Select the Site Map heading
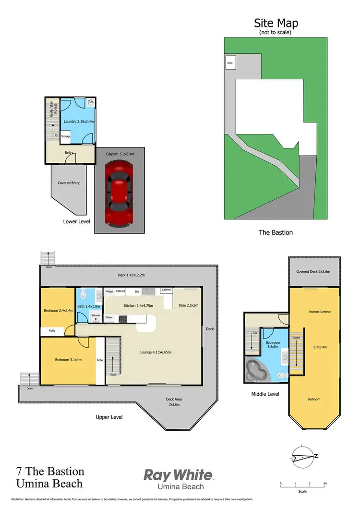(275, 23)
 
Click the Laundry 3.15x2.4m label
(79, 121)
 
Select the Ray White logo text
(178, 475)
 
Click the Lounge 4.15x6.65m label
(156, 352)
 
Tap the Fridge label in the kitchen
(109, 291)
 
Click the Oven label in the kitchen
(109, 317)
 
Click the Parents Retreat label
(319, 312)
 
